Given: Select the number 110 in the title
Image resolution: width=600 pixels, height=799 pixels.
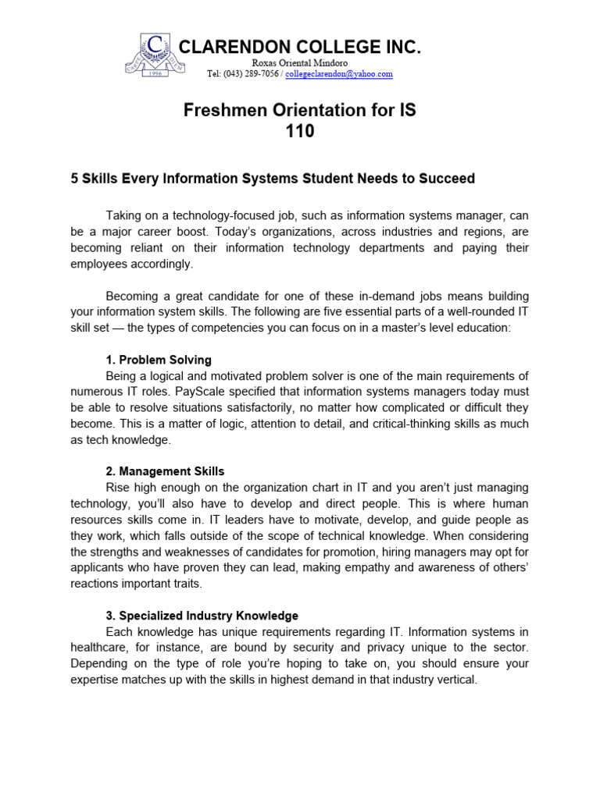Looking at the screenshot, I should click(300, 132).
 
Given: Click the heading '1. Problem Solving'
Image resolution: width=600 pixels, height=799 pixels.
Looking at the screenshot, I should click(159, 360).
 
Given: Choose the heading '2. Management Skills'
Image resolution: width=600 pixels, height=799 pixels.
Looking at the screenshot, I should click(165, 471).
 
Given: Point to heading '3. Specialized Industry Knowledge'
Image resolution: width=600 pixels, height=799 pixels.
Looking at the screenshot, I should click(202, 616).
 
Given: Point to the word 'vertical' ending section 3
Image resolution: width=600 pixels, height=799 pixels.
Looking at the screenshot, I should click(455, 680).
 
